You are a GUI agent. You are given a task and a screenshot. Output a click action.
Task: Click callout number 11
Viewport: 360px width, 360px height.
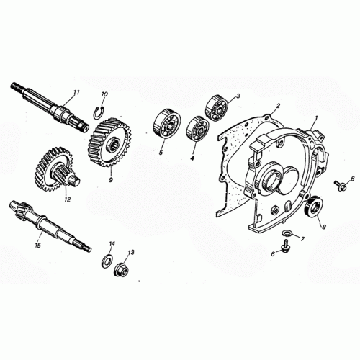point(76,92)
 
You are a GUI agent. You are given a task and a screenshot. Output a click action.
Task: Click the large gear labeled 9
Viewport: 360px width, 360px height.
point(109,145)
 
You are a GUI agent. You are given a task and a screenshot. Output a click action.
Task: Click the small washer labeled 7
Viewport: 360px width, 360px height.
point(289,234)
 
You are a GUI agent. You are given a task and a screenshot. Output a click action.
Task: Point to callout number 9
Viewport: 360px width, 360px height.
point(111,180)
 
